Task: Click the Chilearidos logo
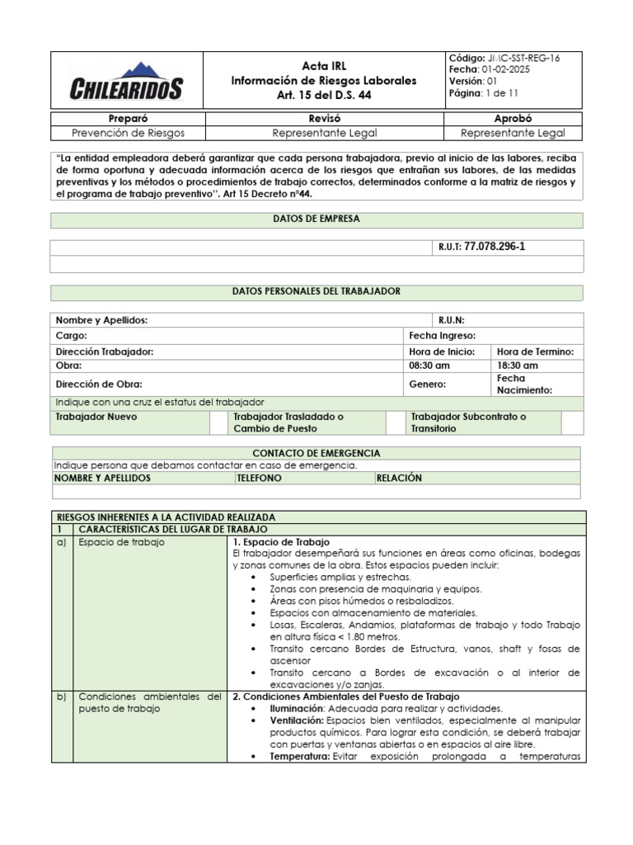pyautogui.click(x=126, y=82)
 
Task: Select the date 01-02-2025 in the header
pyautogui.click(x=500, y=69)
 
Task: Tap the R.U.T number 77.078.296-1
pyautogui.click(x=495, y=247)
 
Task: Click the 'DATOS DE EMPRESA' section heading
pyautogui.click(x=316, y=220)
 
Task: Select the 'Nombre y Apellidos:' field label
pyautogui.click(x=101, y=320)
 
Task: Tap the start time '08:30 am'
pyautogui.click(x=429, y=366)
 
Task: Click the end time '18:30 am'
pyautogui.click(x=518, y=366)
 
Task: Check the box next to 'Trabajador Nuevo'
pyautogui.click(x=218, y=422)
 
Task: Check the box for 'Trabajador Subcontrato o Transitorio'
pyautogui.click(x=571, y=422)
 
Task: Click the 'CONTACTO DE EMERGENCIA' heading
pyautogui.click(x=316, y=453)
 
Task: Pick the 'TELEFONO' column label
pyautogui.click(x=259, y=478)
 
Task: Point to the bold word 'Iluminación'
pyautogui.click(x=298, y=708)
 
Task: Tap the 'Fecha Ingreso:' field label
pyautogui.click(x=442, y=336)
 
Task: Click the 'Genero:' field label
pyautogui.click(x=428, y=384)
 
